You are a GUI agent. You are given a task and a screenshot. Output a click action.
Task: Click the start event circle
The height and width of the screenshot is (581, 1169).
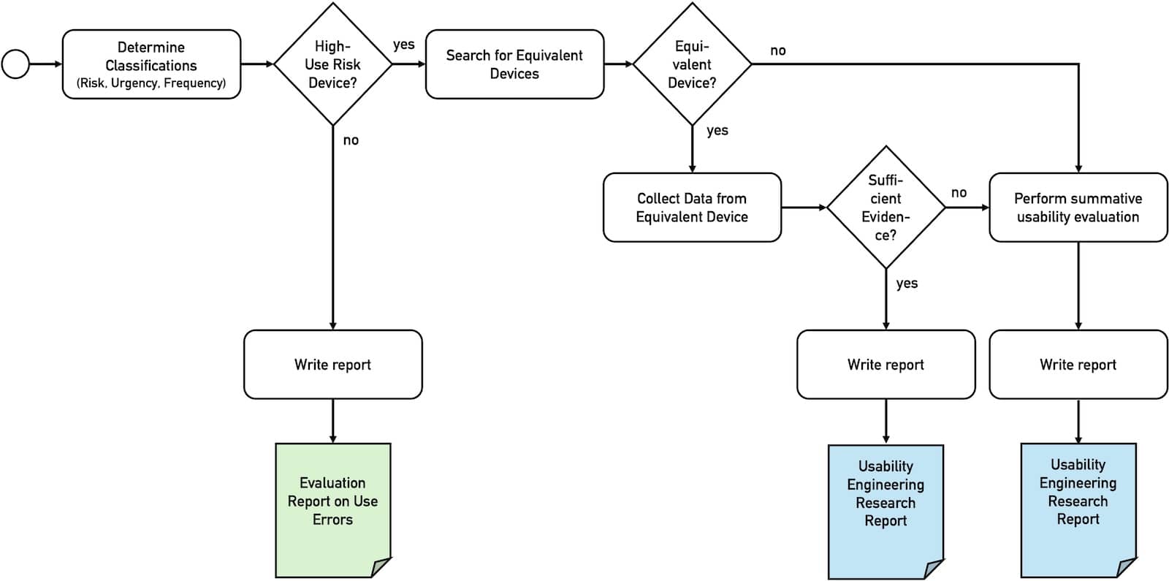(15, 64)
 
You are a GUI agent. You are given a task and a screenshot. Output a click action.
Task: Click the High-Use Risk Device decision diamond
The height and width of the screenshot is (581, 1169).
(332, 64)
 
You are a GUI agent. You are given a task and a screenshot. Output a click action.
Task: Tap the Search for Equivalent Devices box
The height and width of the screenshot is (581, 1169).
(514, 64)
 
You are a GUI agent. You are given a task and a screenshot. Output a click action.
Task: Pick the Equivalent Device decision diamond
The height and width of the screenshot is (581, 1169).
(692, 64)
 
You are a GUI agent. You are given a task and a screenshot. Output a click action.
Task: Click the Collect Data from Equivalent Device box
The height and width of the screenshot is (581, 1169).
(692, 208)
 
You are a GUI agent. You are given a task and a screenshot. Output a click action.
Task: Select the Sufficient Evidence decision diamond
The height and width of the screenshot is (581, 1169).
(886, 208)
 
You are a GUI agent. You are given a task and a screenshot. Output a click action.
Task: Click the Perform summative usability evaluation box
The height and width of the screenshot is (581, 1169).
(1078, 208)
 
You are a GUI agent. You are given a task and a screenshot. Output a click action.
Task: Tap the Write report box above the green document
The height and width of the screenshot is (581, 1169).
(332, 364)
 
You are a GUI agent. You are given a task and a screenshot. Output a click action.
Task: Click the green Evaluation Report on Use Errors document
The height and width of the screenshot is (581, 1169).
(332, 501)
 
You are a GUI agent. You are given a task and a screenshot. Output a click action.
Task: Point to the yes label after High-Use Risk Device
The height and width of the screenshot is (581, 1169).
(403, 45)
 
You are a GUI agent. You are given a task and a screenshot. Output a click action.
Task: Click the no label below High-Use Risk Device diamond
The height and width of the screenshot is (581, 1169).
(351, 140)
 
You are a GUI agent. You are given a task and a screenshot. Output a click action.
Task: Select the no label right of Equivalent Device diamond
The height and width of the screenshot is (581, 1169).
(778, 50)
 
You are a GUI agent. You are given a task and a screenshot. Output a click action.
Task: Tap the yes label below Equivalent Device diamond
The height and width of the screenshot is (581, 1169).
(717, 131)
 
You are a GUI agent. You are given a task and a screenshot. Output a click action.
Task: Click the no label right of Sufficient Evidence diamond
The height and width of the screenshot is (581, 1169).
(959, 193)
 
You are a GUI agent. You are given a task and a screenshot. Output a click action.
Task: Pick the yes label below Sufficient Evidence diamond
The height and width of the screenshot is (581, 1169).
(907, 284)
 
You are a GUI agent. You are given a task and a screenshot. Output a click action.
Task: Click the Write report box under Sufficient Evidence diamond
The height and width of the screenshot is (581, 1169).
(886, 364)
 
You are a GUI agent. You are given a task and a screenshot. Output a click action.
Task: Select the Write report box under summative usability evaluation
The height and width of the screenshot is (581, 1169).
(1078, 364)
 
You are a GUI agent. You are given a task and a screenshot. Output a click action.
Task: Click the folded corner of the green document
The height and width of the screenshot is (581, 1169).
(382, 567)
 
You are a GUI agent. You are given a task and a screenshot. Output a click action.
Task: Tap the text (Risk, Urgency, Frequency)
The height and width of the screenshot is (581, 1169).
(151, 83)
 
